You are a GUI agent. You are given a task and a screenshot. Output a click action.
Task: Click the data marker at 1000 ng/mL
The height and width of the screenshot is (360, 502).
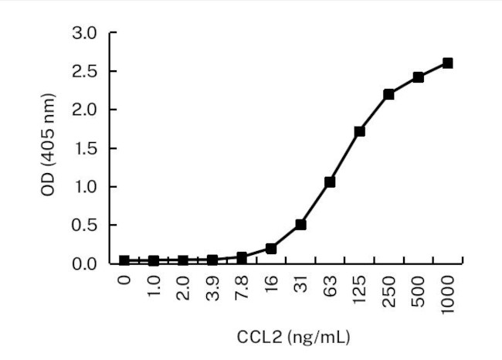(447, 63)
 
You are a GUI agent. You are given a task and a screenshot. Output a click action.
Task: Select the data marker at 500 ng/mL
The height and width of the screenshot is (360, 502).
(418, 77)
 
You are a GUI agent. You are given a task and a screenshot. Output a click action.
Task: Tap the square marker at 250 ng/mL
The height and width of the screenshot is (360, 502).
(388, 94)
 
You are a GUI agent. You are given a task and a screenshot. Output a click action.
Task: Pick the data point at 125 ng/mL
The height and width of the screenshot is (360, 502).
(359, 131)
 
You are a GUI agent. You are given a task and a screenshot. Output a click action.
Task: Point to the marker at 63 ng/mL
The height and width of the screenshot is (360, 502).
(330, 182)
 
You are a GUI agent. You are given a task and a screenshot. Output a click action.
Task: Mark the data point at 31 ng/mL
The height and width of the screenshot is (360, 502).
(300, 225)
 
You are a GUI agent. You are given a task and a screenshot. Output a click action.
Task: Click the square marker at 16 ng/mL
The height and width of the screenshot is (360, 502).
(271, 249)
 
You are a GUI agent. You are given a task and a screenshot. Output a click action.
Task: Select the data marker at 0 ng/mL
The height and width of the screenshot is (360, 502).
(124, 261)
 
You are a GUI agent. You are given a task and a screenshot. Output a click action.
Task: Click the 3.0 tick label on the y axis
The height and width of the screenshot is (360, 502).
(86, 33)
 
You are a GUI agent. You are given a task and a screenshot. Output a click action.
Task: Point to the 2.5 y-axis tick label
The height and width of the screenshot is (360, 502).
(86, 72)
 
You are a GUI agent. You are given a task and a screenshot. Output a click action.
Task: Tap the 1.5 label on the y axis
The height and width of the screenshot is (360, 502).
(86, 148)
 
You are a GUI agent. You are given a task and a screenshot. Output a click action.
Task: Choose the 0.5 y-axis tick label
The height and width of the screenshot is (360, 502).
(86, 226)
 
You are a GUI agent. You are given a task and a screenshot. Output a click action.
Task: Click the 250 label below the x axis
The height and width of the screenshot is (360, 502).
(389, 289)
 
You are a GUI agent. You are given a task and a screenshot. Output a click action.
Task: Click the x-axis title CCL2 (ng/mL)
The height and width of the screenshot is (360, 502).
(286, 337)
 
